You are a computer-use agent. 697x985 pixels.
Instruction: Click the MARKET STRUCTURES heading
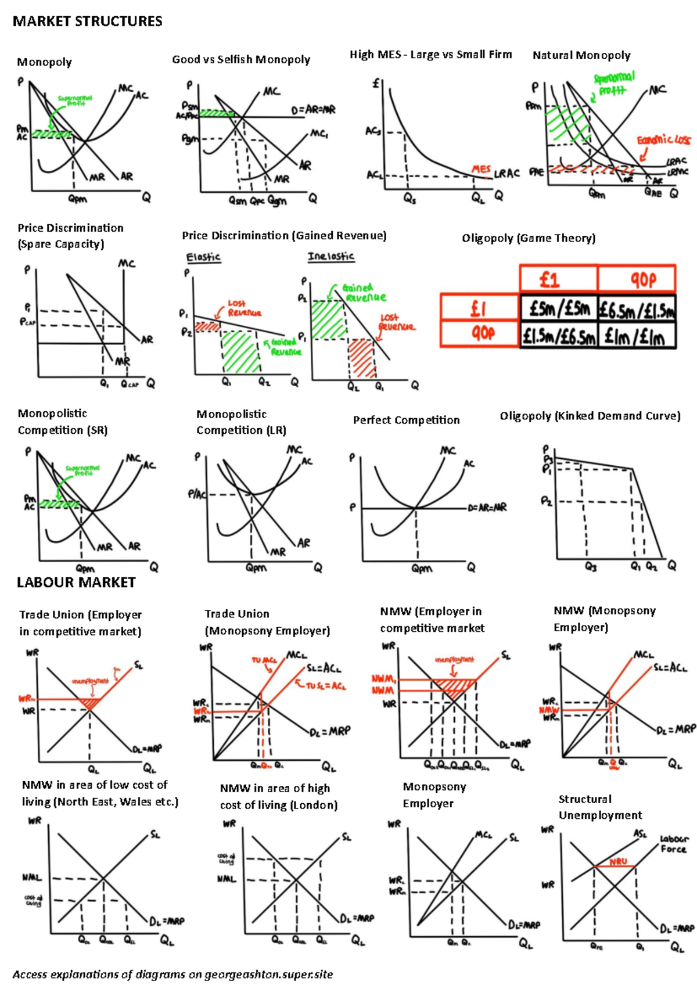(x=87, y=21)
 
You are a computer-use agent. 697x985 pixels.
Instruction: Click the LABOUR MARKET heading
(x=76, y=583)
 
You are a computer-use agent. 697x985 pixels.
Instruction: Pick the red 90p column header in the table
(x=637, y=280)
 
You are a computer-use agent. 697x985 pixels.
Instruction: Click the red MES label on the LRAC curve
(x=481, y=168)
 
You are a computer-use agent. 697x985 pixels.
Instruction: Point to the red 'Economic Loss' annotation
(x=663, y=140)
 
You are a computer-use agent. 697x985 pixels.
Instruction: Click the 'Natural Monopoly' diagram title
(x=581, y=55)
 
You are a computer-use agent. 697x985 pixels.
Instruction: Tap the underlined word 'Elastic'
(x=203, y=257)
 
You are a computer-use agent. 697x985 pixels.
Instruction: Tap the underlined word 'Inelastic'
(x=330, y=256)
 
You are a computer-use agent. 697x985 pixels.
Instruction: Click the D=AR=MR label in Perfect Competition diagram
(x=487, y=507)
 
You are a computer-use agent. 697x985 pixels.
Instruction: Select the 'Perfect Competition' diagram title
(x=406, y=420)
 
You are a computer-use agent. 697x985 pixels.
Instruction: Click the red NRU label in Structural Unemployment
(x=618, y=861)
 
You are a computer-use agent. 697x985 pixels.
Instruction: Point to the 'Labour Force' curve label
(x=674, y=844)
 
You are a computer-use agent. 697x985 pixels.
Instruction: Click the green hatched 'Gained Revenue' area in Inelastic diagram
(x=329, y=319)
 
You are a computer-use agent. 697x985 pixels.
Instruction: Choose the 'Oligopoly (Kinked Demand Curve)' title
(x=590, y=416)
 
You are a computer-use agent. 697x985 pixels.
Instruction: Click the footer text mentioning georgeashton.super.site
(x=173, y=974)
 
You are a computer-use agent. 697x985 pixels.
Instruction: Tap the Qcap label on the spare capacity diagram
(x=130, y=384)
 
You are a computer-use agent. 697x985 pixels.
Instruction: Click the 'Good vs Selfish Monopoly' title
(x=240, y=59)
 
